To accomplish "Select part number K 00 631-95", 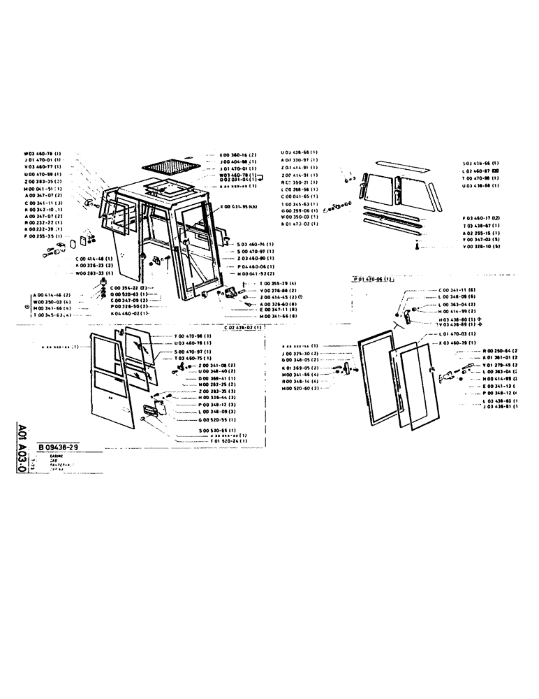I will (239, 207).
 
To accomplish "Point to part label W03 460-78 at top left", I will (43, 153).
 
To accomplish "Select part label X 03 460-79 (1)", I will (457, 343).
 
